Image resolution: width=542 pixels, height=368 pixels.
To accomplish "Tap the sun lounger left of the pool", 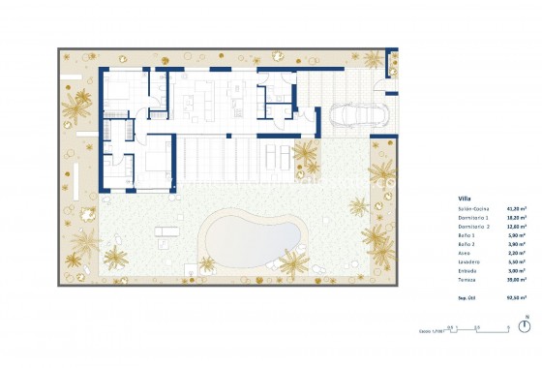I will [166, 230].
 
